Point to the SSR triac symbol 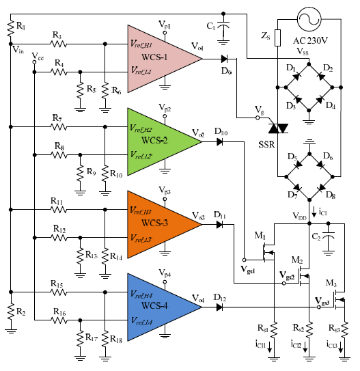pyautogui.click(x=278, y=126)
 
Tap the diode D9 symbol pyautogui.click(x=225, y=59)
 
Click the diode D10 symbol pyautogui.click(x=221, y=142)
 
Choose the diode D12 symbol pyautogui.click(x=221, y=307)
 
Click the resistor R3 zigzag pyautogui.click(x=59, y=44)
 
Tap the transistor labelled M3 pyautogui.click(x=342, y=300)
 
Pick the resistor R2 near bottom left pyautogui.click(x=11, y=310)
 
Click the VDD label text pyautogui.click(x=299, y=217)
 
